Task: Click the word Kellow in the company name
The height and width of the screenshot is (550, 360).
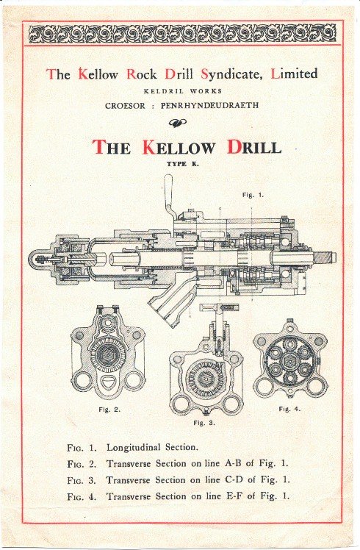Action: pos(98,74)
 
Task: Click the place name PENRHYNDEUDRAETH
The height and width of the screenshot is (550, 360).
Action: pos(209,105)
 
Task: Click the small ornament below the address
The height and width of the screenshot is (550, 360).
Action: pos(177,122)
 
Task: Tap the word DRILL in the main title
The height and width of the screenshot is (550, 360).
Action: pos(253,147)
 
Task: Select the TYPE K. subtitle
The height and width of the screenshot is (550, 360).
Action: pos(183,164)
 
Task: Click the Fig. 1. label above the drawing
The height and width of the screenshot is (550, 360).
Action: pos(253,195)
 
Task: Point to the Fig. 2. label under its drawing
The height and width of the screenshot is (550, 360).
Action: pos(109,409)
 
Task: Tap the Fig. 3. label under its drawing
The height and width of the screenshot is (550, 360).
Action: pos(204,423)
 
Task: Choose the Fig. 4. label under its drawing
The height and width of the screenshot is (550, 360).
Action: pos(289,409)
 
